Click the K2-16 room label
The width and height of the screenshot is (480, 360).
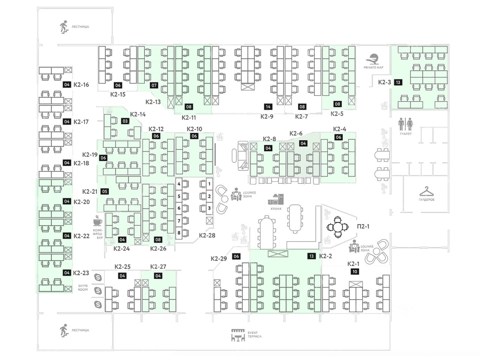click(81, 85)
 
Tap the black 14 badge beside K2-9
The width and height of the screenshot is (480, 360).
click(268, 107)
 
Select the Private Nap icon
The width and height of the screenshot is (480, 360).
click(373, 60)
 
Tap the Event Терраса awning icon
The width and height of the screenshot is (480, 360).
click(238, 335)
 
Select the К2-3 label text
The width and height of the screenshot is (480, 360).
click(384, 82)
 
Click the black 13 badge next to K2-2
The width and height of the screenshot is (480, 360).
click(312, 256)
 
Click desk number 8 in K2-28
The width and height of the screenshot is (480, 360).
click(179, 233)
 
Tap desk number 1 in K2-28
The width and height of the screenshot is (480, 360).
click(209, 184)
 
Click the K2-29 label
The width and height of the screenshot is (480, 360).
click(219, 258)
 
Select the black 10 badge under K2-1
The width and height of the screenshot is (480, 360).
click(354, 272)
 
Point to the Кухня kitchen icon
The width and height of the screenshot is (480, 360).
click(278, 199)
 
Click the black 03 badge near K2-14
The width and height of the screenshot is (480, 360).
click(125, 121)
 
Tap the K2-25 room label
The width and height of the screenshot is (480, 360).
click(122, 267)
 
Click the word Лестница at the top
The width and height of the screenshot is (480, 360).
click(81, 27)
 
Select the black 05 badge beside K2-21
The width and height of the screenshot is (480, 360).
click(104, 192)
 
